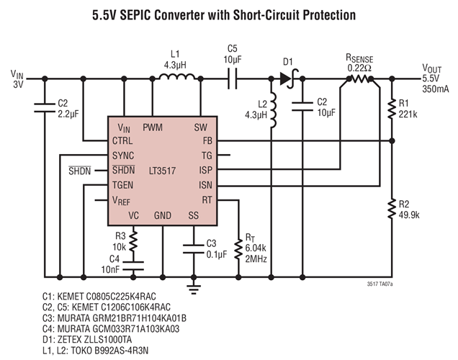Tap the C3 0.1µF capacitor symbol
193,249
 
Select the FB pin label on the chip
207,140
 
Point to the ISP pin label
206,170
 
